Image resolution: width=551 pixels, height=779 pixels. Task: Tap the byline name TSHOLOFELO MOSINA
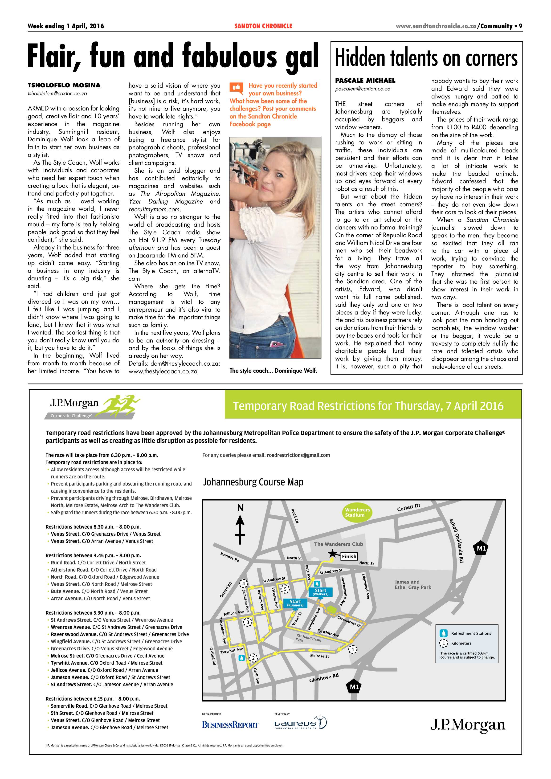click(64, 85)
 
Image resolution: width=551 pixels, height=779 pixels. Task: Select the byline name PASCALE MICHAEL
click(365, 80)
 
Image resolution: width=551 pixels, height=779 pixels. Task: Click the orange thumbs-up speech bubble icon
click(236, 88)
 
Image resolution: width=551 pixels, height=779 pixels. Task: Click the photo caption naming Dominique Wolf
click(273, 371)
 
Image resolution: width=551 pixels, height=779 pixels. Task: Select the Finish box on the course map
click(349, 556)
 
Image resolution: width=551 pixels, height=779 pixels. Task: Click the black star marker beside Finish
click(333, 554)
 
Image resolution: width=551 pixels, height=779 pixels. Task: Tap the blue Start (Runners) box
click(295, 603)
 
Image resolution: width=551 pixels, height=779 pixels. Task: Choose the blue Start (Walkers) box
click(320, 592)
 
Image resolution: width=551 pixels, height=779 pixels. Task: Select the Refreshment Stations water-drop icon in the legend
click(443, 633)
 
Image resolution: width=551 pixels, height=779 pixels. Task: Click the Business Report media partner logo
click(230, 725)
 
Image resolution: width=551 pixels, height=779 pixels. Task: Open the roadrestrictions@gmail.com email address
click(298, 455)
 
